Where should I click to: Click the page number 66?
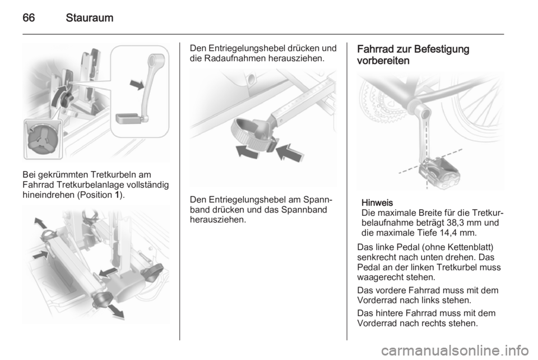click(29, 17)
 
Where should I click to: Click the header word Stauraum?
click(90, 17)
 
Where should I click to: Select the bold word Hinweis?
click(377, 202)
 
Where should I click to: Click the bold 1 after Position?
click(117, 195)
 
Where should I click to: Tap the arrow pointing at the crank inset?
click(137, 84)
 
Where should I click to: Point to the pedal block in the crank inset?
click(129, 118)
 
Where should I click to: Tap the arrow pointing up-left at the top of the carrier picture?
click(41, 223)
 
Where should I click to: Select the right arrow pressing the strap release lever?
click(290, 152)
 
